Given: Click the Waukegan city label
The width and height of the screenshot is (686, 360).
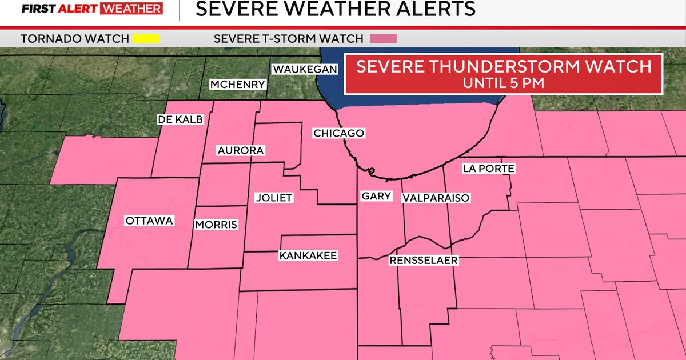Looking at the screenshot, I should [x=305, y=69].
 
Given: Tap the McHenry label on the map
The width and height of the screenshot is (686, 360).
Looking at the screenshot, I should [x=238, y=85].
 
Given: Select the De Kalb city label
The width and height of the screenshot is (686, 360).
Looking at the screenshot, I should [x=180, y=119].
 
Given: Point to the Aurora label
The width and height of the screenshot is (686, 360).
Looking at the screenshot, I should [x=240, y=150].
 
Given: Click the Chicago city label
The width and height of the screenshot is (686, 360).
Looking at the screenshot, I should [x=338, y=133].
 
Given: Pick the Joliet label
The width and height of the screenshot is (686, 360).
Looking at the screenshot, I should [x=273, y=198].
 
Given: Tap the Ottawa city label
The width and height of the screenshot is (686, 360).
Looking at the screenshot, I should [x=149, y=221].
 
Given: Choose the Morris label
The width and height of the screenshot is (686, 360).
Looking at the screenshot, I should [x=216, y=225].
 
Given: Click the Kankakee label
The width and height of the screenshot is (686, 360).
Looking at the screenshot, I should [x=308, y=255].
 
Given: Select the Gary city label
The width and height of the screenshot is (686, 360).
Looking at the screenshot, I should [x=376, y=196].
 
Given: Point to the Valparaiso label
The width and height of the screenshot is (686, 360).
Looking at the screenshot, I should [x=436, y=198].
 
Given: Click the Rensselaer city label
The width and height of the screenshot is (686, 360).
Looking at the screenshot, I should [x=424, y=260].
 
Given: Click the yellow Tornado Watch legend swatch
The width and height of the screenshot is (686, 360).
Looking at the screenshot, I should [x=145, y=39].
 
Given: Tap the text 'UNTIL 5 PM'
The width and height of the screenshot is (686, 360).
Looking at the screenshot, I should [x=503, y=82].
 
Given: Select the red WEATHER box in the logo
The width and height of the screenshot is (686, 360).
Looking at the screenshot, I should [x=131, y=9].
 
